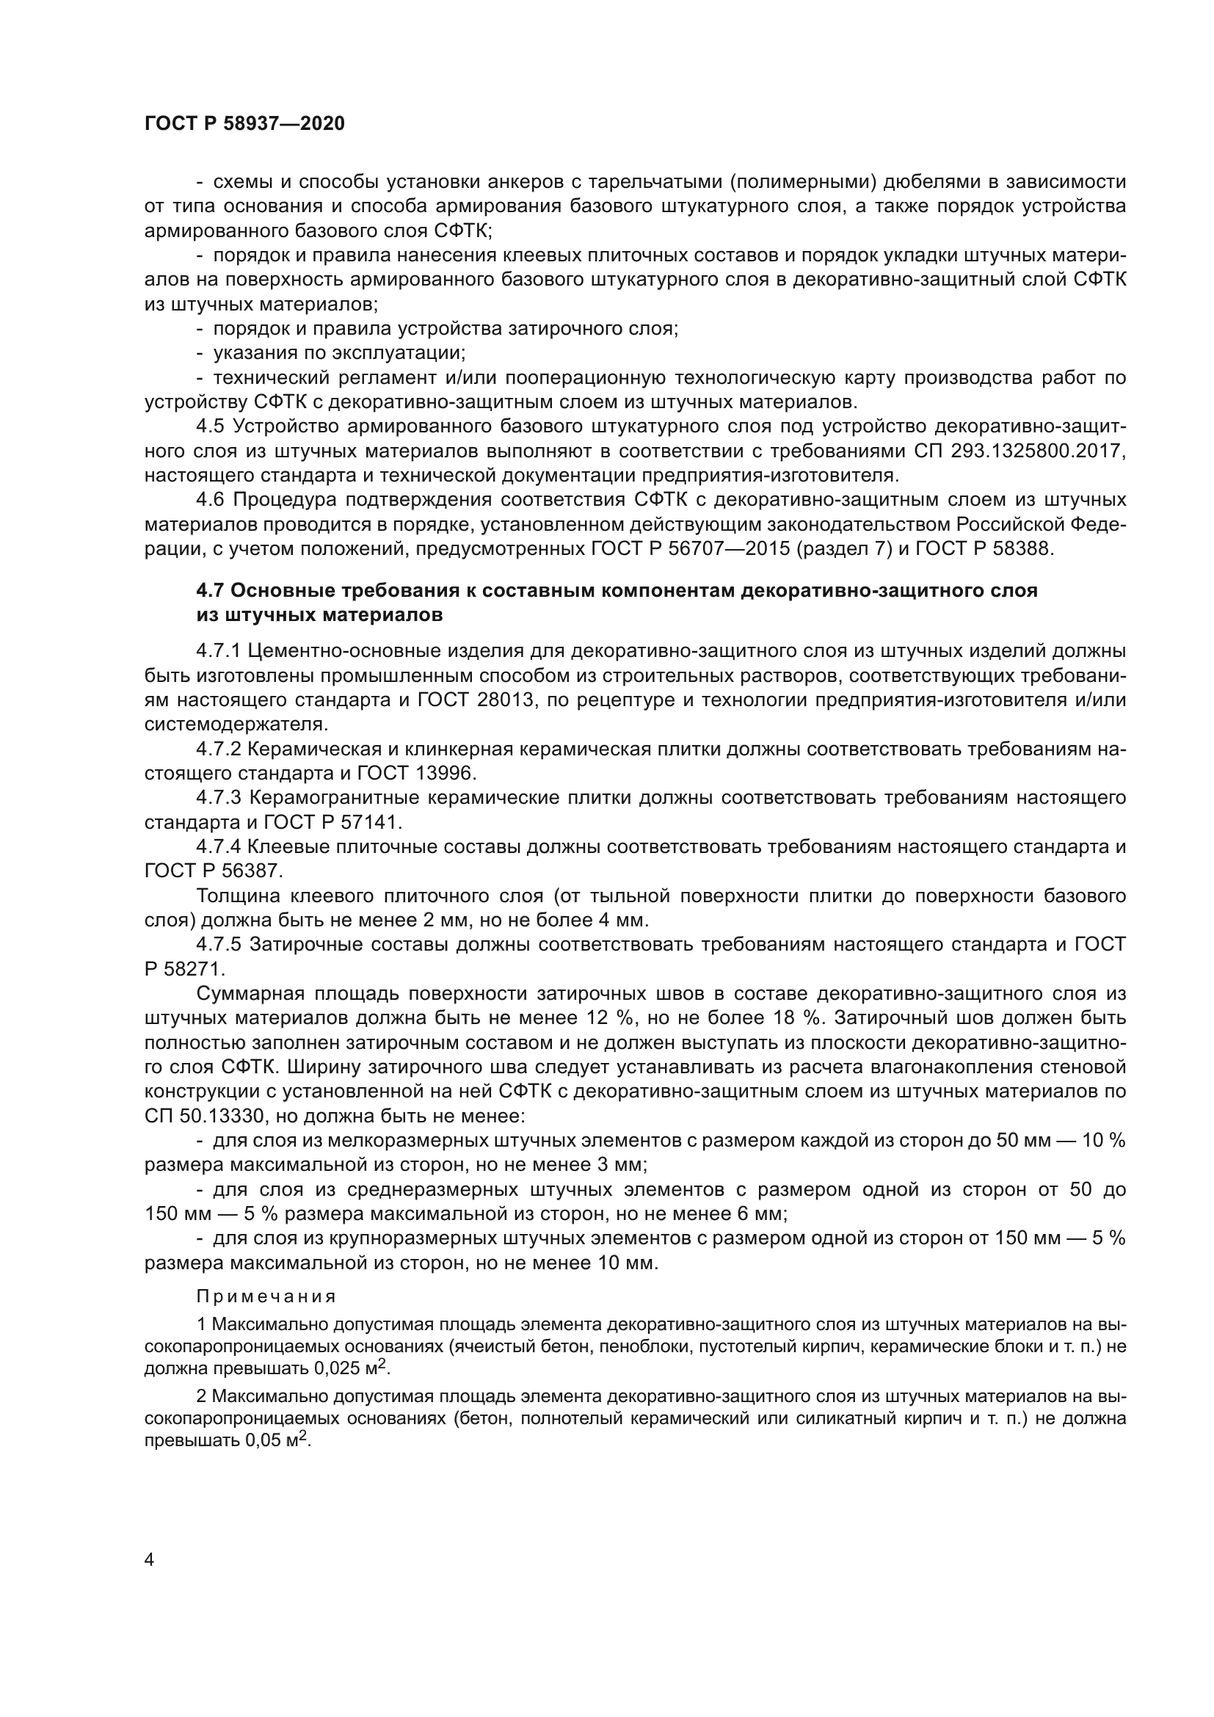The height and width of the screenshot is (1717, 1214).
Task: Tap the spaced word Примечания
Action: pyautogui.click(x=266, y=1296)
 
